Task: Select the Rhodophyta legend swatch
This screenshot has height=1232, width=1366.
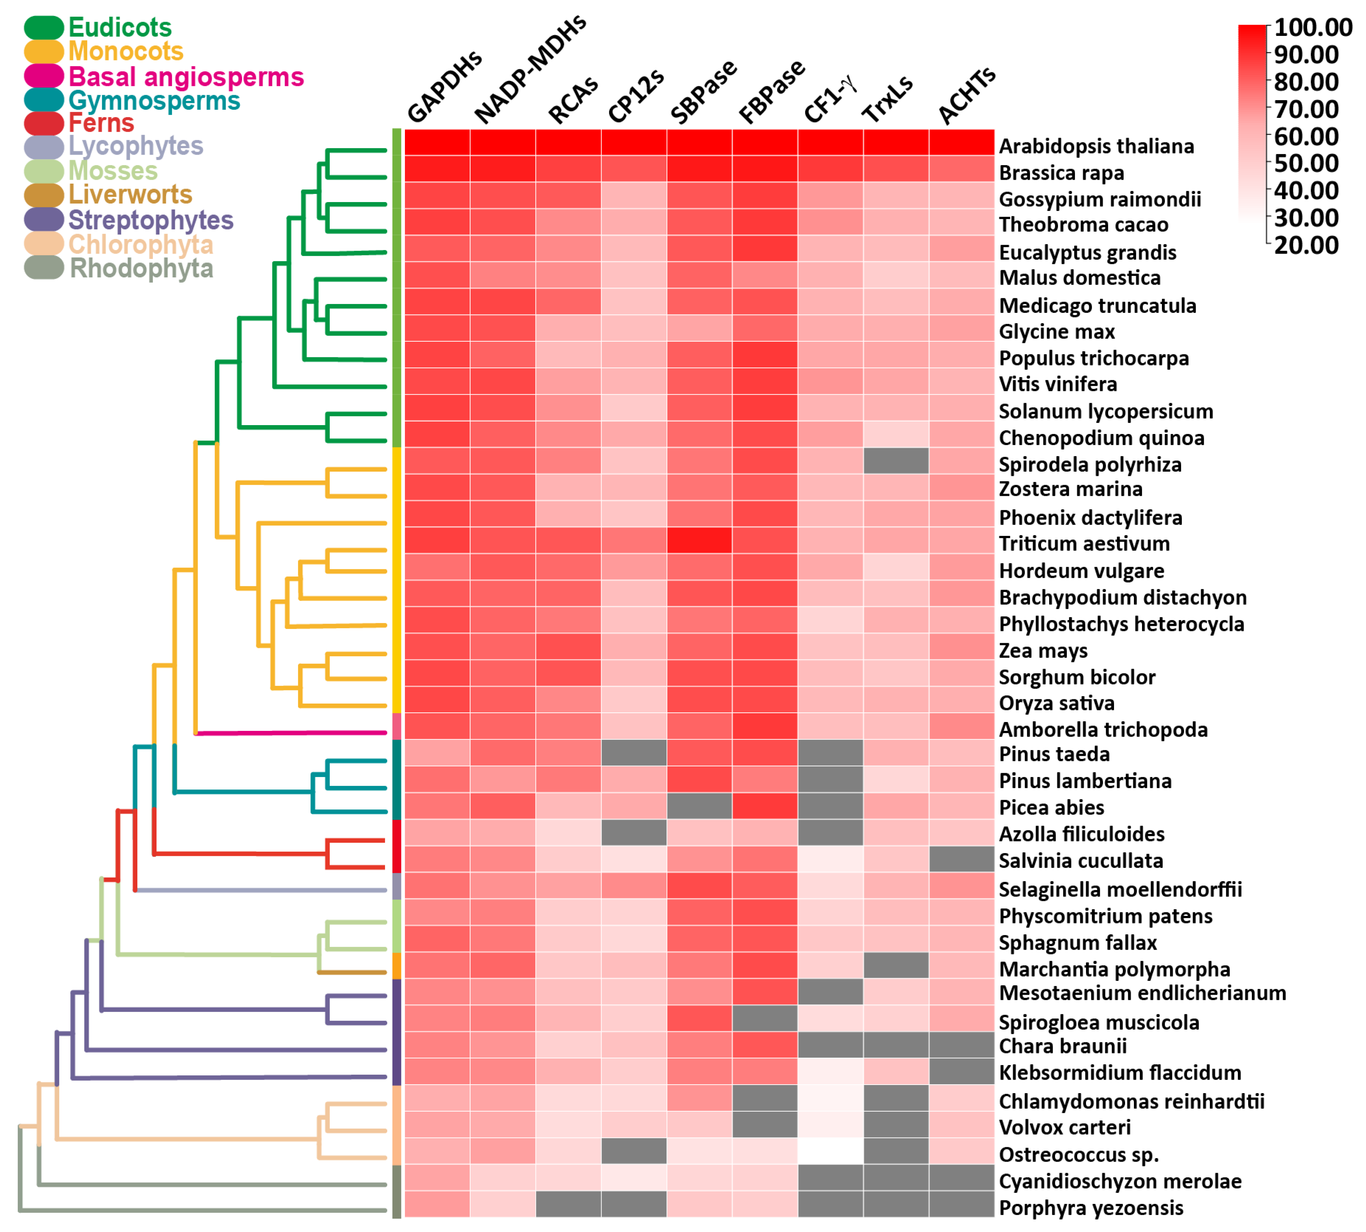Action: [x=44, y=268]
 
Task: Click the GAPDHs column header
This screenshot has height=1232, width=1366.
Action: [x=444, y=87]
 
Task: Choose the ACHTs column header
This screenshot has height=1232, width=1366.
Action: [x=966, y=96]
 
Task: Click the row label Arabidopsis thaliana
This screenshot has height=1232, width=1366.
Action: [x=1096, y=146]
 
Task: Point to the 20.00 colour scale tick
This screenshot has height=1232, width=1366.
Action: [x=1306, y=245]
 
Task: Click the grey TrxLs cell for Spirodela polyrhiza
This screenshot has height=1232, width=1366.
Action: [x=896, y=461]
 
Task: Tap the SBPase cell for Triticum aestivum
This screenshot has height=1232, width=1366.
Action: [x=699, y=540]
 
